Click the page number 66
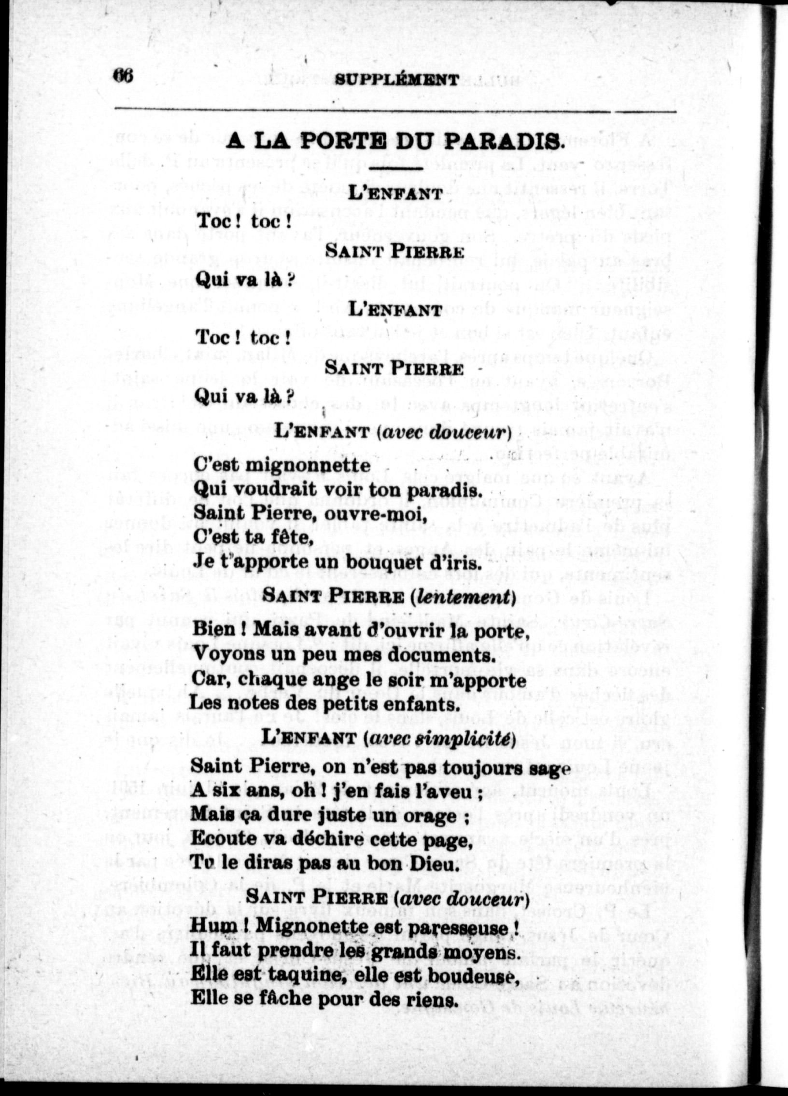(x=123, y=76)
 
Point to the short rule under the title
(x=396, y=168)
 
